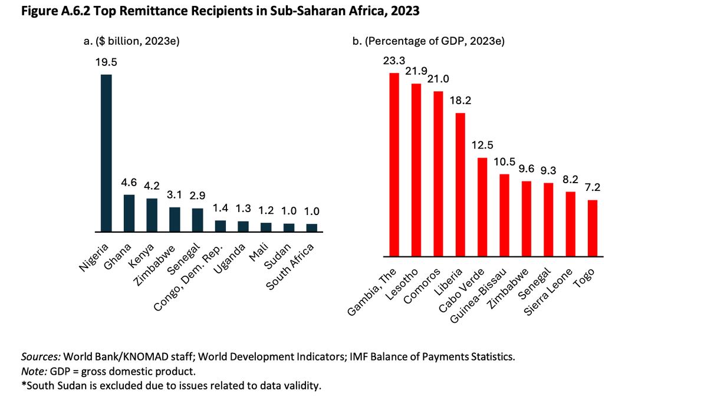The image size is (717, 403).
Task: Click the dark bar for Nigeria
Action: pos(106,153)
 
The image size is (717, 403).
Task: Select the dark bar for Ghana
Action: pos(129,213)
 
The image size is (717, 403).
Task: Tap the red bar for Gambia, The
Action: pos(394,165)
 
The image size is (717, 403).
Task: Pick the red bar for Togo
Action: pos(593,229)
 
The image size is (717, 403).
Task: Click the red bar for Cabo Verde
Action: pos(482,207)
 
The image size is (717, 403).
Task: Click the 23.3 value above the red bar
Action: pos(394,61)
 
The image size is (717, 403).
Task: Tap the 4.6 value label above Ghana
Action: pos(129,183)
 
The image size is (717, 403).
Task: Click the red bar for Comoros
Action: pos(438,174)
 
